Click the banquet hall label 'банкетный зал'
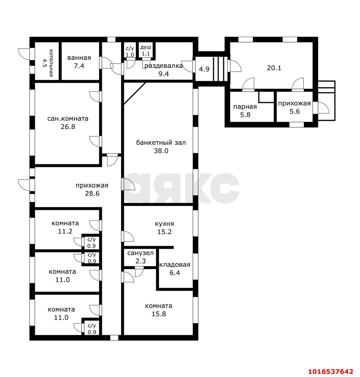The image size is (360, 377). point(161,143)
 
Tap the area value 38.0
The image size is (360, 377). point(161,151)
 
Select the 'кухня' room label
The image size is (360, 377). point(164,224)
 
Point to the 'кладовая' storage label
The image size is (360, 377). point(175,264)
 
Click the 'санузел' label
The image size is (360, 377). point(140,253)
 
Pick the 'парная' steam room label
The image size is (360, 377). point(245,107)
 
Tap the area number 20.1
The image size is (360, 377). point(274,68)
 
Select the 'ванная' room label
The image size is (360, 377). point(79,58)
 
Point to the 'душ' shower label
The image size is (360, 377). point(146,47)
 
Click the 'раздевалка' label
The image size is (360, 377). point(164,66)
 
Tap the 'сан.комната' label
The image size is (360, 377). point(68,119)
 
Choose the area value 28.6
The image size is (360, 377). point(92,193)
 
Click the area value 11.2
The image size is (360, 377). point(65,231)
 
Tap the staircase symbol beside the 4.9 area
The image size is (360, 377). point(220,69)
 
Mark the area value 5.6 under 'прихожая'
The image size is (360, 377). point(295,111)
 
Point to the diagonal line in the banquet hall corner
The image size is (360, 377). point(135,93)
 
